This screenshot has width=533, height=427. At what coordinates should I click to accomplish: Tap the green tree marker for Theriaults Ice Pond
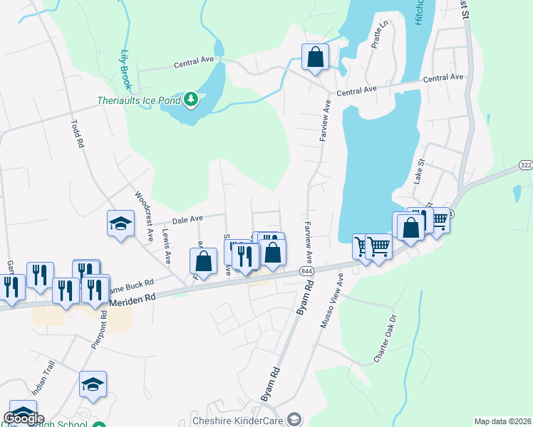190,100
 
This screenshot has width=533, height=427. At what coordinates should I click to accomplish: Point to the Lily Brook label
126,70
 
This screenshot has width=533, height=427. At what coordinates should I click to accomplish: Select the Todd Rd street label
77,132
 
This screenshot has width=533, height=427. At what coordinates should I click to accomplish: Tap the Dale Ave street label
187,218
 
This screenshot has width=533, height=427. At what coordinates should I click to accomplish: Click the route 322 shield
525,165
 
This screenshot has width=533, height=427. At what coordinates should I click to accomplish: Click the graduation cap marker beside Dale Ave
120,223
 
